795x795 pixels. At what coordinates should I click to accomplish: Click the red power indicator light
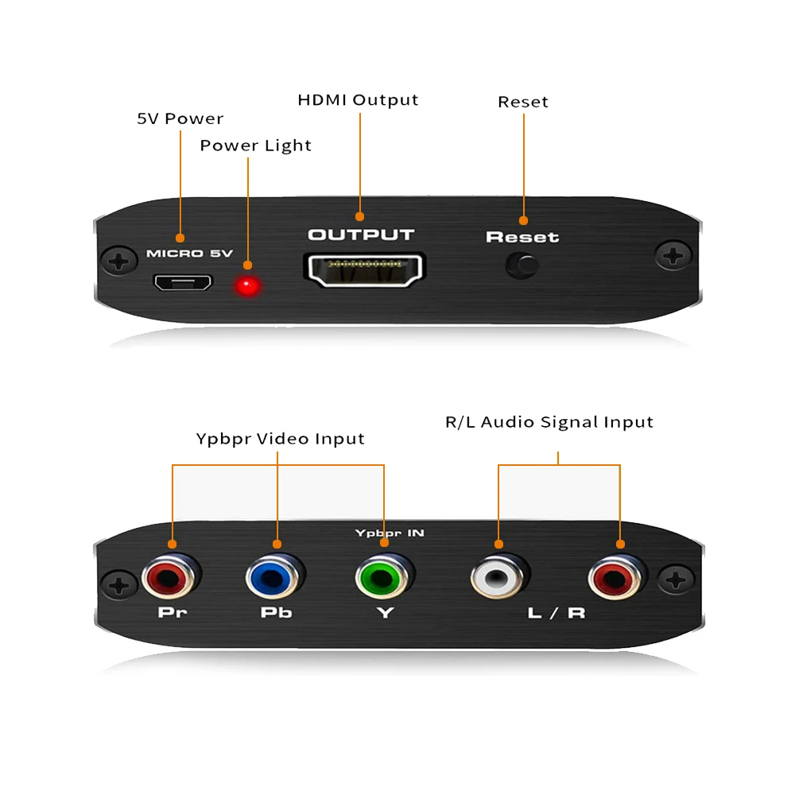[249, 286]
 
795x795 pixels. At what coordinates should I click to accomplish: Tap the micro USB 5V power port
[183, 282]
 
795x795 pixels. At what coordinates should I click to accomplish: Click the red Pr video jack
[170, 577]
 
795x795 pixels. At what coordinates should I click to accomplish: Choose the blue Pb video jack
[276, 577]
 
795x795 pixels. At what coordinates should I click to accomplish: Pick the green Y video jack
[384, 577]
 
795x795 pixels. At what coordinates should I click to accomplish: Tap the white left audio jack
[498, 578]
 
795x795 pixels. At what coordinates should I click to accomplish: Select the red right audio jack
[618, 578]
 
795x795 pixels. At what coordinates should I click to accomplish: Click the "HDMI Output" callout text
[358, 100]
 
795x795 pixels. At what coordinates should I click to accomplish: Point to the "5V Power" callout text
[180, 119]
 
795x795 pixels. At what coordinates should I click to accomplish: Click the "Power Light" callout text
[255, 145]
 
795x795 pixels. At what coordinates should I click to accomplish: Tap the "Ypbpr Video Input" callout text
[280, 439]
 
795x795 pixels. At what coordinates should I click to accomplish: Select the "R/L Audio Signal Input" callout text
[549, 422]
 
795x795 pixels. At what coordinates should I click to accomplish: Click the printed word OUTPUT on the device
[361, 235]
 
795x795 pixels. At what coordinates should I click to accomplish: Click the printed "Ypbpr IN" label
[390, 533]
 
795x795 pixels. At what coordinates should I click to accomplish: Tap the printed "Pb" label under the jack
[276, 614]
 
